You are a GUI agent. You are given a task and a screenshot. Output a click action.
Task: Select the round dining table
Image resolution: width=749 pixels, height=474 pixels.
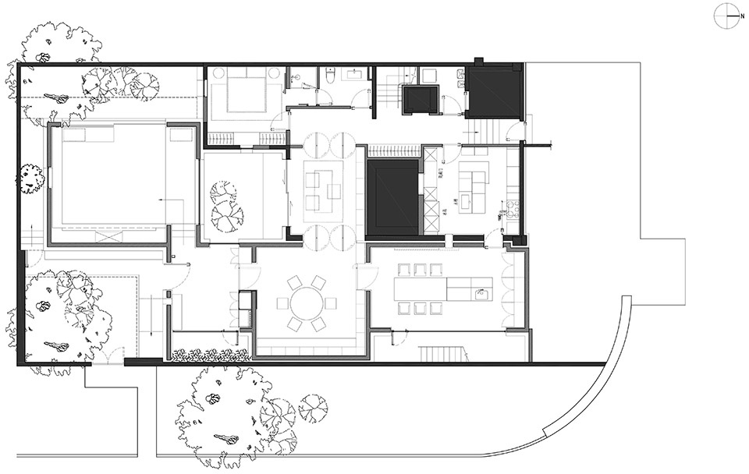click(x=306, y=302)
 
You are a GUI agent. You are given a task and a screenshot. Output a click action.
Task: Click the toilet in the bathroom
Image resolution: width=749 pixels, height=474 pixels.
click(x=331, y=76)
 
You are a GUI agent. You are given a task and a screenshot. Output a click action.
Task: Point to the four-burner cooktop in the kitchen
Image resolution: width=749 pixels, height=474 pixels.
click(x=513, y=208)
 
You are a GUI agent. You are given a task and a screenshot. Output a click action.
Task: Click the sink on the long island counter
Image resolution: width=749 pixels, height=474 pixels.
click(x=481, y=294)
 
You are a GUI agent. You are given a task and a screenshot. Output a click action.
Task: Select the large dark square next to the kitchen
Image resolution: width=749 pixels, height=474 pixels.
click(x=394, y=196)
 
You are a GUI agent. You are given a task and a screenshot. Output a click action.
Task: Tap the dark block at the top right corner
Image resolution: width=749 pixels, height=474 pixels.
click(x=494, y=90)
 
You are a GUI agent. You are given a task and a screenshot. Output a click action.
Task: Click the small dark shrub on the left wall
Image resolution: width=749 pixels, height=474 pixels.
click(x=32, y=179)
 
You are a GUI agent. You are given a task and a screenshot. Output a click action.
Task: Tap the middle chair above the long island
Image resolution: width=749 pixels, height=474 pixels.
click(x=420, y=271)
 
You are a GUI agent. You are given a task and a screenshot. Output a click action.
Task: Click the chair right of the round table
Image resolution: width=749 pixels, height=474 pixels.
click(x=331, y=302)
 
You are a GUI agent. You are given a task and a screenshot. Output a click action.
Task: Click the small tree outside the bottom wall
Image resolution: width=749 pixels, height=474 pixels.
click(x=313, y=408)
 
